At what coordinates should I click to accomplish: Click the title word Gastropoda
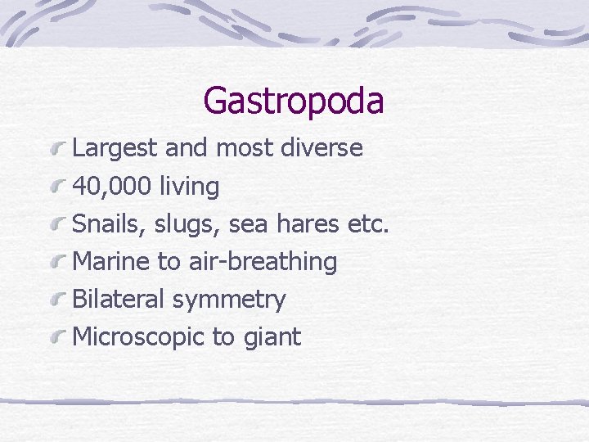[294, 101]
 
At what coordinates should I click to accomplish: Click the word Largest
[115, 149]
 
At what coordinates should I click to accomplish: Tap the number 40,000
[112, 187]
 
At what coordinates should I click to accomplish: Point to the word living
[189, 187]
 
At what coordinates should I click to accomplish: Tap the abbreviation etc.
[368, 223]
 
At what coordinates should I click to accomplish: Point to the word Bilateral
[119, 299]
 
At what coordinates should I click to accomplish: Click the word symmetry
[229, 300]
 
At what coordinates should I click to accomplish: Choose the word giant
[272, 337]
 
